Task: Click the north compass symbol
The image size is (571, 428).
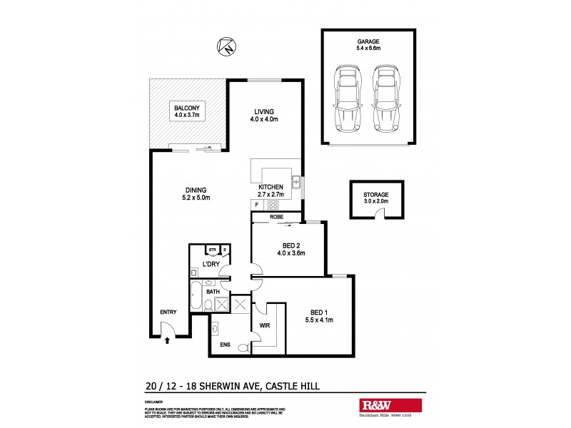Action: click(x=226, y=48)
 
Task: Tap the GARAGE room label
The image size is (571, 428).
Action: click(x=368, y=42)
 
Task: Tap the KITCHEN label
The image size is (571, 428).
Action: click(x=271, y=187)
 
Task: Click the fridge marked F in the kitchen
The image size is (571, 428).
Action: click(x=256, y=205)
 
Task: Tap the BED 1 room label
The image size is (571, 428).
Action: click(x=319, y=312)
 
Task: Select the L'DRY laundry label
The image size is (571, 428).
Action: click(x=211, y=264)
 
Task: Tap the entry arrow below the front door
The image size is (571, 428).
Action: click(x=168, y=341)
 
